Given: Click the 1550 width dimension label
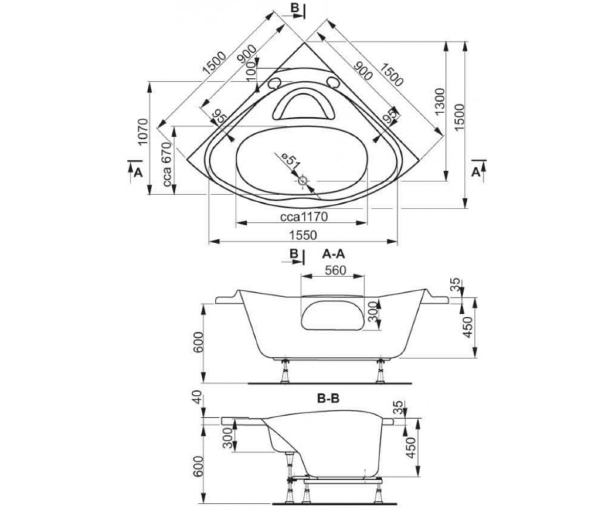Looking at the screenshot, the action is [303, 235].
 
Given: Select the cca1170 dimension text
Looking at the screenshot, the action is [304, 217].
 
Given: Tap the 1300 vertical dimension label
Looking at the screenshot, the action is [440, 102].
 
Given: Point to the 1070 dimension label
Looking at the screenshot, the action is [143, 131].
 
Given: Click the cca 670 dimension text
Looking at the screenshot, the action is [167, 164].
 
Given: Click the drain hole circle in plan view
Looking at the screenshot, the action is [303, 181].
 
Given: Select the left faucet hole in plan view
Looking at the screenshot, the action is [274, 84].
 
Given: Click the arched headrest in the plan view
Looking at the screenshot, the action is [303, 96].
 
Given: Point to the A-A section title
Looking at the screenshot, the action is [334, 254].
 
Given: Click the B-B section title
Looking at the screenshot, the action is [328, 399].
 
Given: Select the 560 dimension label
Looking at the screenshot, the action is [336, 270].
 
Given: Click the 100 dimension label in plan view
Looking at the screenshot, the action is [251, 72].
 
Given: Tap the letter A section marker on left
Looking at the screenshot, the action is [138, 174].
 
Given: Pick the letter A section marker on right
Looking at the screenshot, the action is [476, 173].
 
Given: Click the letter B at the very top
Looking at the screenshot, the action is [295, 8].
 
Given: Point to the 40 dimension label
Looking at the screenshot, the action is [197, 397].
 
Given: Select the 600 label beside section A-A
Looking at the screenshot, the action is [199, 342].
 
